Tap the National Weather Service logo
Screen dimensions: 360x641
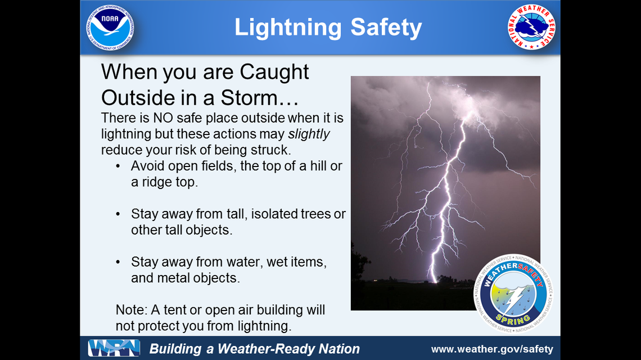click(531, 27)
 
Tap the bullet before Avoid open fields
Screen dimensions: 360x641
click(118, 166)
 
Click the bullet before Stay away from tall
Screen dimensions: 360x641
click(118, 214)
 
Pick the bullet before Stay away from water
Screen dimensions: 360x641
click(118, 262)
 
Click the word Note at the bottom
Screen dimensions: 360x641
click(129, 310)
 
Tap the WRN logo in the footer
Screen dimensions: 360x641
click(114, 349)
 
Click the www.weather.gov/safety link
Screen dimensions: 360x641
click(492, 349)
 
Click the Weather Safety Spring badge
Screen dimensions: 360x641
click(513, 292)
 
